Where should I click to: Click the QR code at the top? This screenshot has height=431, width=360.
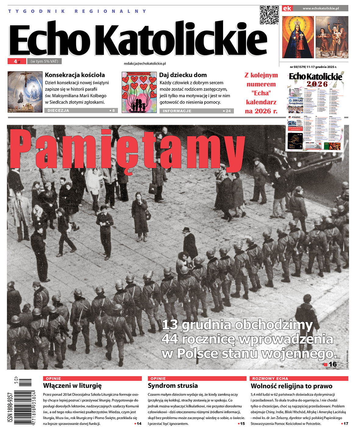pyautogui.click(x=269, y=15)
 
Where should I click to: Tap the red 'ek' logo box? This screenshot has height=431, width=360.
pyautogui.click(x=287, y=9)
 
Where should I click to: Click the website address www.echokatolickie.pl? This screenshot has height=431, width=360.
pyautogui.click(x=320, y=9)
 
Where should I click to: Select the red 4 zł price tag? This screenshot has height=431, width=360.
pyautogui.click(x=17, y=61)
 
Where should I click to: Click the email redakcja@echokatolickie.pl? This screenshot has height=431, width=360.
pyautogui.click(x=145, y=63)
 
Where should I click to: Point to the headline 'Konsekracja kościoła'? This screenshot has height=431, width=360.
pyautogui.click(x=75, y=75)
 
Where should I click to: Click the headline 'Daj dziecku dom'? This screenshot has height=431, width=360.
pyautogui.click(x=183, y=75)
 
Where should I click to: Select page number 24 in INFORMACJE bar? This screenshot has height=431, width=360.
pyautogui.click(x=228, y=111)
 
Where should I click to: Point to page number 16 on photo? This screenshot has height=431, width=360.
pyautogui.click(x=333, y=364)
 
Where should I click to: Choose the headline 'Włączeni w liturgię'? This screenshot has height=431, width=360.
pyautogui.click(x=72, y=386)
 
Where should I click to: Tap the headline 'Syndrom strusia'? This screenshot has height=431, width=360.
pyautogui.click(x=173, y=386)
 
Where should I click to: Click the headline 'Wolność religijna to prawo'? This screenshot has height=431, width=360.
pyautogui.click(x=291, y=386)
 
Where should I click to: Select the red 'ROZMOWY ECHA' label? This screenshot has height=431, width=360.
pyautogui.click(x=270, y=379)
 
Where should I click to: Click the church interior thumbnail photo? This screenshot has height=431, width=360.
pyautogui.click(x=25, y=92)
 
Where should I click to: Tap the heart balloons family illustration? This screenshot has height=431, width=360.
pyautogui.click(x=139, y=92)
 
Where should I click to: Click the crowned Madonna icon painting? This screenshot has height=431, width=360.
pyautogui.click(x=298, y=37)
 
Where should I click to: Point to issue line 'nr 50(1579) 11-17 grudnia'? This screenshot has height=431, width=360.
pyautogui.click(x=313, y=67)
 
